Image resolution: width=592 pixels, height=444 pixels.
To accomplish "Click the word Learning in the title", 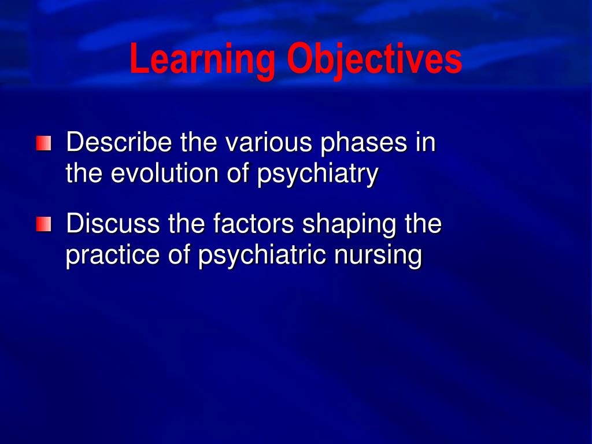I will pyautogui.click(x=202, y=60).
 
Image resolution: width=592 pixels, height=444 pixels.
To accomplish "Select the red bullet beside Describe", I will pyautogui.click(x=43, y=143).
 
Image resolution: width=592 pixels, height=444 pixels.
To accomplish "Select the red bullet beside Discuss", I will pyautogui.click(x=43, y=224).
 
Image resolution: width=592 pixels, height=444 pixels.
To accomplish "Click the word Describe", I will pyautogui.click(x=119, y=143).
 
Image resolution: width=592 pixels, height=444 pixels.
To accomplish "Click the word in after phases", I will pyautogui.click(x=425, y=142).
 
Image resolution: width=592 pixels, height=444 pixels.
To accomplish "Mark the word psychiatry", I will pyautogui.click(x=317, y=175).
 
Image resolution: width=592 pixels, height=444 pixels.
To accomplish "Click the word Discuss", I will pyautogui.click(x=113, y=224).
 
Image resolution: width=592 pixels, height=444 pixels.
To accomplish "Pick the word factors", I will pyautogui.click(x=251, y=224).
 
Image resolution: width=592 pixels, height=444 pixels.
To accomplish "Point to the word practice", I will pyautogui.click(x=113, y=256).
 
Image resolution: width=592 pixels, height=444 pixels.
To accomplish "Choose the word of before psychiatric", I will pyautogui.click(x=179, y=255).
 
